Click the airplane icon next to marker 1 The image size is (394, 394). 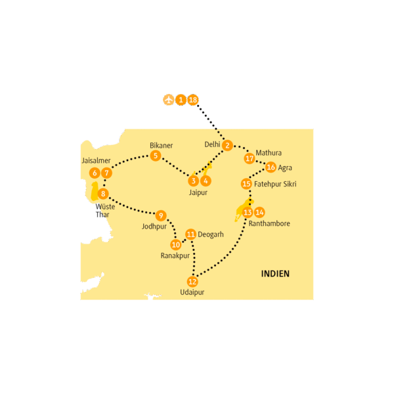pos(168,100)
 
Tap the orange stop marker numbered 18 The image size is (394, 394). pos(192,100)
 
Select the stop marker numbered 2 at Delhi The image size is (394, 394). pos(227,145)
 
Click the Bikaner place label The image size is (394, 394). pos(161,145)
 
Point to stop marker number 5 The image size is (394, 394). pos(156,156)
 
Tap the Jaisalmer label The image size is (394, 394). pos(96,161)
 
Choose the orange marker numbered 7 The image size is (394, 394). pos(106,173)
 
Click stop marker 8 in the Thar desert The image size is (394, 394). pos(103,194)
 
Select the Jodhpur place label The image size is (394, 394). pos(154,227)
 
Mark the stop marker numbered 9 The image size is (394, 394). pos(161,215)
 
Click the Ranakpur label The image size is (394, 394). pos(175,256)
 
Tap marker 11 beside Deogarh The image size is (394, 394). pos(190,234)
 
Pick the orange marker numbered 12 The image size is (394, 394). pos(192,282)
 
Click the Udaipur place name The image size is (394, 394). pos(192,292)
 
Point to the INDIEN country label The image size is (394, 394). pos(275,274)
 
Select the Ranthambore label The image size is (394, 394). pos(269,223)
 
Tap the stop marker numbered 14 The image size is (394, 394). pos(259,212)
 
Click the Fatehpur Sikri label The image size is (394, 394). pos(275,184)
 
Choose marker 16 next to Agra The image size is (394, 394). pos(271,167)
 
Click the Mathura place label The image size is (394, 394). pos(269,153)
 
